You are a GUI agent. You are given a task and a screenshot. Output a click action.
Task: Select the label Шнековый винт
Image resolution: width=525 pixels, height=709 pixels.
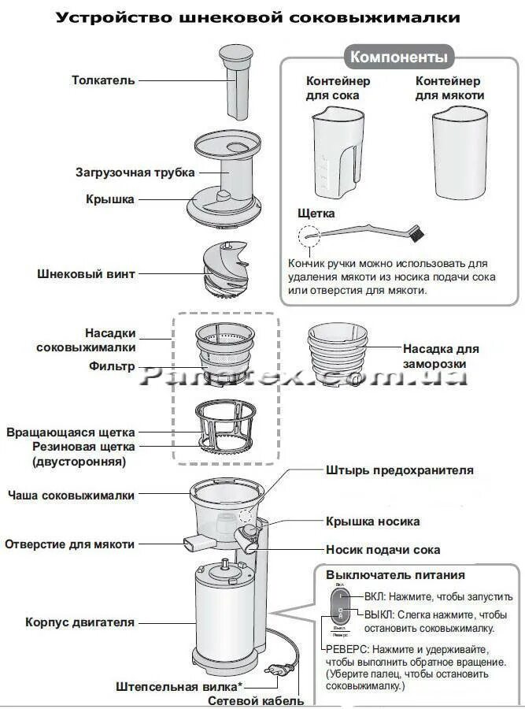click(x=86, y=274)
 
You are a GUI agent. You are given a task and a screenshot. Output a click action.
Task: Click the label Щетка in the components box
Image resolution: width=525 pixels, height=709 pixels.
click(x=316, y=213)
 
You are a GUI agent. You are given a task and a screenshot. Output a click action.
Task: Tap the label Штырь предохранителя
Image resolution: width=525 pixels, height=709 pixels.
click(x=399, y=470)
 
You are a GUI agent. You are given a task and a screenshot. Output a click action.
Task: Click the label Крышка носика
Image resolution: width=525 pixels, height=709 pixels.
click(x=372, y=522)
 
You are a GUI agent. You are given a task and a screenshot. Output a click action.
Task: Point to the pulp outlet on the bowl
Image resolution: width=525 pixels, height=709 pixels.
click(x=194, y=543)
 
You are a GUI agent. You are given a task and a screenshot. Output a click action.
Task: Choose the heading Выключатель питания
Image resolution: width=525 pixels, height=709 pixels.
click(x=395, y=576)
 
